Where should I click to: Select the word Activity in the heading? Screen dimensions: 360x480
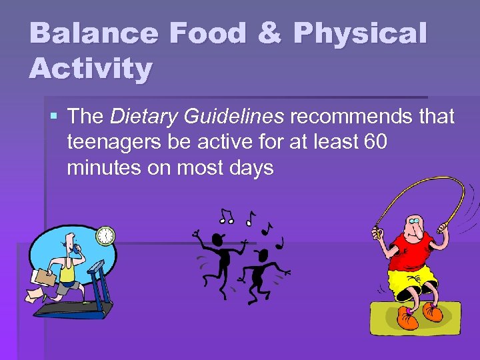[91, 68]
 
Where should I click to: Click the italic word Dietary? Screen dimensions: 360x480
[140, 117]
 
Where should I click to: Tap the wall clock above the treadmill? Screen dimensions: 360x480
[105, 235]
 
